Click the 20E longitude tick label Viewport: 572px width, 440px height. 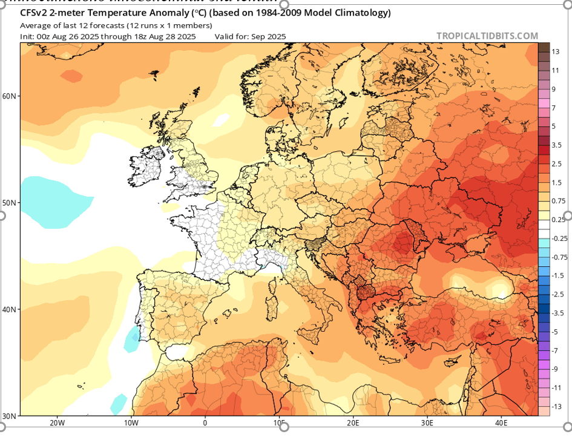point(353,422)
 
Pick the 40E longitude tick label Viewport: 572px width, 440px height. point(502,422)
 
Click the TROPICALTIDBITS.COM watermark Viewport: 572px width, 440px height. point(487,36)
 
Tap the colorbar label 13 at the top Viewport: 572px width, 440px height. point(556,52)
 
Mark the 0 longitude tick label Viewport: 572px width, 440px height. point(205,422)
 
